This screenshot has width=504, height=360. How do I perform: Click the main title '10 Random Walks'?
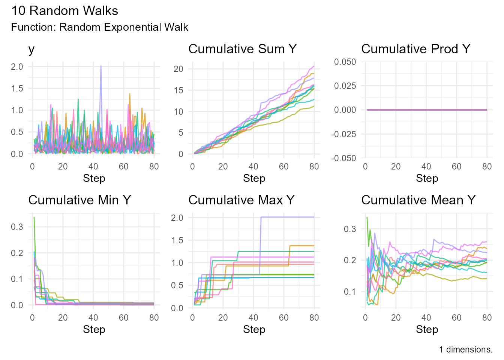(x=64, y=10)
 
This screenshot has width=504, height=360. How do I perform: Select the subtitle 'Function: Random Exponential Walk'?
(x=99, y=27)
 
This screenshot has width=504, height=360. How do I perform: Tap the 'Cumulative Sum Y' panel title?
(x=242, y=49)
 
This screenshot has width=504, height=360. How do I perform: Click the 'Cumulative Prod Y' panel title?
(x=415, y=49)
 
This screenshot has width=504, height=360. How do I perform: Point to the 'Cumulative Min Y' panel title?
(x=79, y=200)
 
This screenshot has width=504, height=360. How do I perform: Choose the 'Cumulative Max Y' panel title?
(x=241, y=200)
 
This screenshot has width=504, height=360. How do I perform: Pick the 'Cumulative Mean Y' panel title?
(x=418, y=200)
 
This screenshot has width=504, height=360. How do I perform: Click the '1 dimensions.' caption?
(x=466, y=349)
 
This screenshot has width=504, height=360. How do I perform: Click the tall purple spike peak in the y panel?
(x=101, y=66)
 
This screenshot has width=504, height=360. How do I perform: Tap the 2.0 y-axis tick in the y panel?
(x=17, y=67)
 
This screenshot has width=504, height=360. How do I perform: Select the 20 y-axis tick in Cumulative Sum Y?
(x=178, y=69)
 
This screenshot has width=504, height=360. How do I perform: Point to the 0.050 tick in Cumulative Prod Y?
(x=345, y=62)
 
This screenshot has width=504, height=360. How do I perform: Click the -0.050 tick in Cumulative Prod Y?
(x=343, y=158)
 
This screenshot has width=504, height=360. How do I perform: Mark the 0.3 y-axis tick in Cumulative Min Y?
(x=17, y=227)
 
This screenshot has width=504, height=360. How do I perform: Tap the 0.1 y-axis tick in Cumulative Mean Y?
(x=350, y=292)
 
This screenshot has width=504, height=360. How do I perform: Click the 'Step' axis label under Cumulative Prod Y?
(x=427, y=178)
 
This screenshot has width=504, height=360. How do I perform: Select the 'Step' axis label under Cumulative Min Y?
(x=94, y=330)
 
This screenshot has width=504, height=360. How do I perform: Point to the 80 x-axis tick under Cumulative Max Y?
(x=314, y=318)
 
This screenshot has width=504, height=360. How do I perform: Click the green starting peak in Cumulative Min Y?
(x=34, y=217)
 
